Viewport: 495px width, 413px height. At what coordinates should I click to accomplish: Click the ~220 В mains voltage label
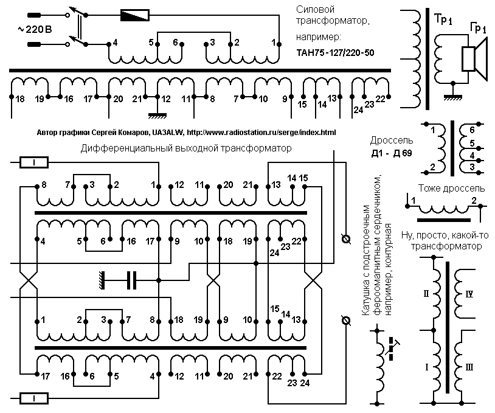point(35,30)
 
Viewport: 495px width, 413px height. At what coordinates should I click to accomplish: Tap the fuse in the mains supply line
point(135,15)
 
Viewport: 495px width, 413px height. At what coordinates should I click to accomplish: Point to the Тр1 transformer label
point(443,19)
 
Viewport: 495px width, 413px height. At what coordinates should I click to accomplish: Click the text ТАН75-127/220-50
point(335,52)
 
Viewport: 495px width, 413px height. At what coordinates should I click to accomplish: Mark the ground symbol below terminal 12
point(157,115)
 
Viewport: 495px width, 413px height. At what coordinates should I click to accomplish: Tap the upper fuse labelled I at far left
point(34,162)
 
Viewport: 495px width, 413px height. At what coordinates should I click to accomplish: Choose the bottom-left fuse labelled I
point(34,399)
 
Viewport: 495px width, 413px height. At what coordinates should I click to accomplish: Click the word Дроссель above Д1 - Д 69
point(392,140)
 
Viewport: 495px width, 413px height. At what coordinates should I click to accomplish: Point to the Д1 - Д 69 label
point(392,153)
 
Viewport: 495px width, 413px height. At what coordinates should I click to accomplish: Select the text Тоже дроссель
point(451,189)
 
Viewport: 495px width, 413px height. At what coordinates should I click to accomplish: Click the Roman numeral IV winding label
point(469,294)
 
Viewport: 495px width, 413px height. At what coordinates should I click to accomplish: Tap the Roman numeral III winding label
point(469,367)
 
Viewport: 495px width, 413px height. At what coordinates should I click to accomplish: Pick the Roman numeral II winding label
point(426,294)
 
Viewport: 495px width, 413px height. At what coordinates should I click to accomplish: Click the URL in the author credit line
point(261,133)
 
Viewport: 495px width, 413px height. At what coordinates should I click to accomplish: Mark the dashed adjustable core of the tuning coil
point(392,349)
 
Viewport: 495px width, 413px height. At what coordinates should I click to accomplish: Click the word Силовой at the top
point(315,10)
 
